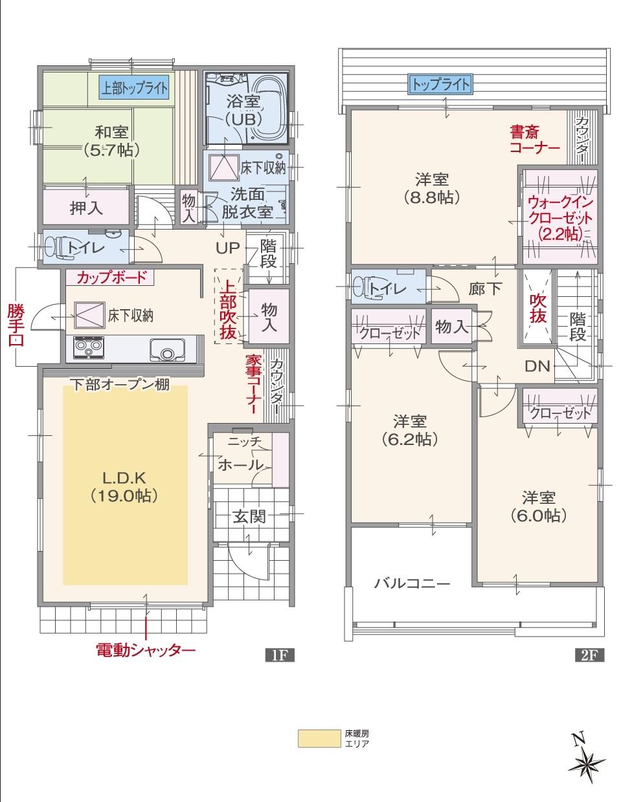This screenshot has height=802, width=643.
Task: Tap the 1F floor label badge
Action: point(280,655)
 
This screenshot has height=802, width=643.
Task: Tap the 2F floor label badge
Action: point(589,655)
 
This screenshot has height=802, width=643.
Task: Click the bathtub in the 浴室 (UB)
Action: point(266,107)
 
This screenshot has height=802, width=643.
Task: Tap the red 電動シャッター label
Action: point(146,649)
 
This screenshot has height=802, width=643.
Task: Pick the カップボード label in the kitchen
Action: point(107,277)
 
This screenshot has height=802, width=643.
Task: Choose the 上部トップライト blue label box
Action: point(134,86)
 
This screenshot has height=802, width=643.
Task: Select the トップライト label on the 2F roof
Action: point(440,83)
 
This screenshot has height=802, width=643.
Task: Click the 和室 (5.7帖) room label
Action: point(111,141)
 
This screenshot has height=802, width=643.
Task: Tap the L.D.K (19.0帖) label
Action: point(125,486)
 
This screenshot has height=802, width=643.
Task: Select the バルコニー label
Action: point(412,583)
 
